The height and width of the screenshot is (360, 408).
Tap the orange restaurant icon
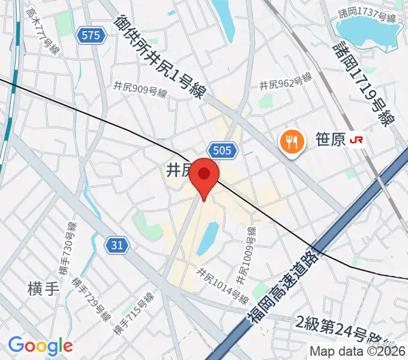290,141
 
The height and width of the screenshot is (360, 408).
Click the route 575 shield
91,36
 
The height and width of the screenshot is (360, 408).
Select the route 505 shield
224,150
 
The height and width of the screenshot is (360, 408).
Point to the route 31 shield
118,244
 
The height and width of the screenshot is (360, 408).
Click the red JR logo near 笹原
357,140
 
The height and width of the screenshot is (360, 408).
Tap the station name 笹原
330,140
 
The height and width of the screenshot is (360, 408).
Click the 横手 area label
43,288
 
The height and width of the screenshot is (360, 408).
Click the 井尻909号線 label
140,85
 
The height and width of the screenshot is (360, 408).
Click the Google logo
40,346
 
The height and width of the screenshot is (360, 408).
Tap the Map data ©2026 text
358,351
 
